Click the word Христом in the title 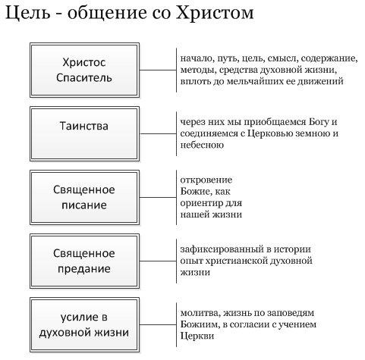point(215,13)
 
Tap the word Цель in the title point(28,13)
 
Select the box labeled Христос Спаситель point(84,70)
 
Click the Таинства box point(84,133)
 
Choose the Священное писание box point(84,197)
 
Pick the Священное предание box point(84,261)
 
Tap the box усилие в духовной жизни point(84,324)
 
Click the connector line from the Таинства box point(158,133)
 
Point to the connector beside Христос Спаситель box point(158,70)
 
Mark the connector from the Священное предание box point(158,261)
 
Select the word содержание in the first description point(329,58)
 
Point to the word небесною point(202,145)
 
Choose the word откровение point(206,180)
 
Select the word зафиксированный point(222,249)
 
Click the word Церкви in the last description point(197,337)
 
